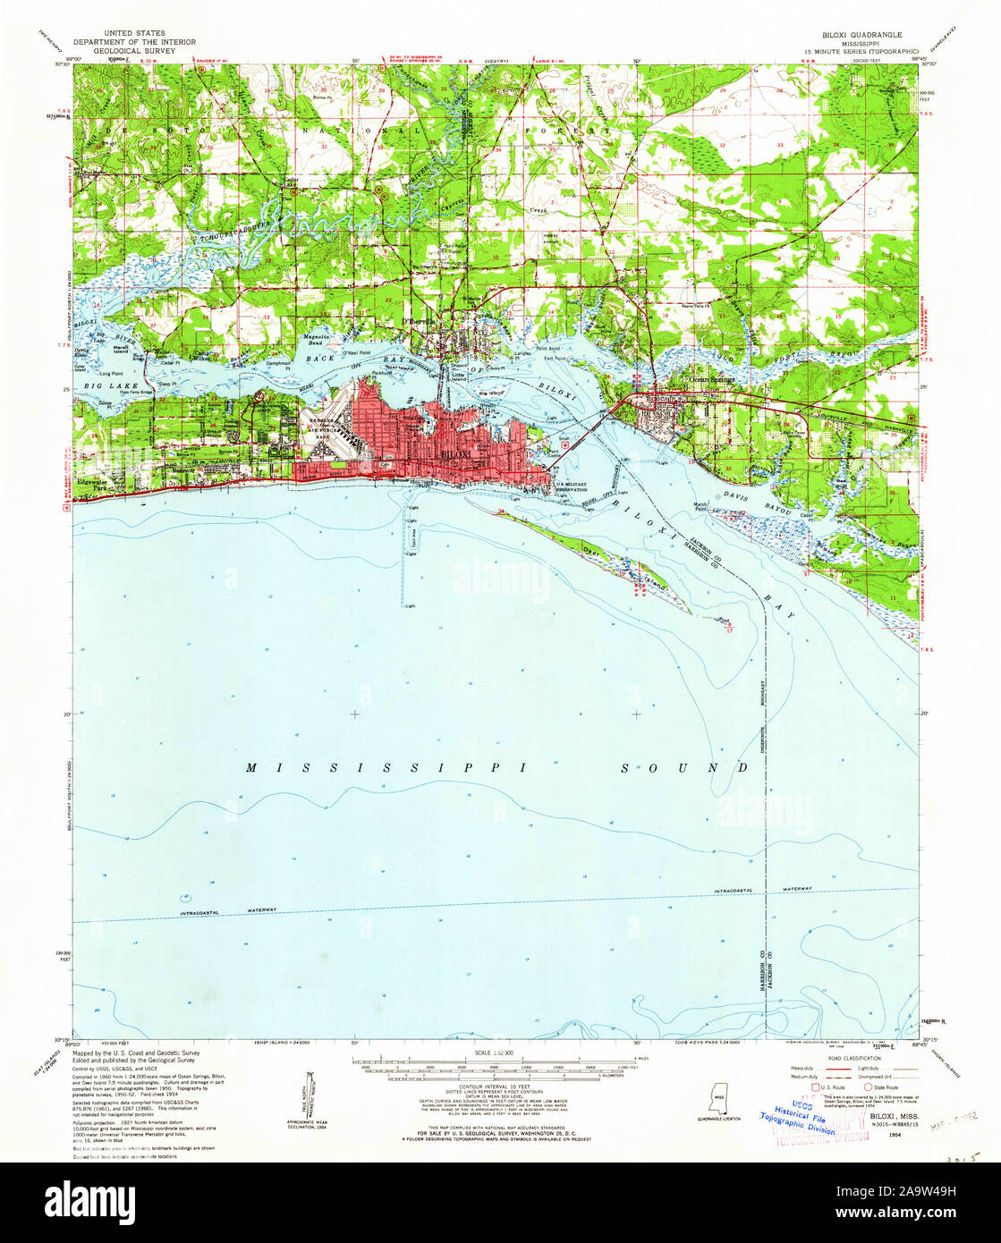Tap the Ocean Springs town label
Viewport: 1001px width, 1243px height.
pos(711,379)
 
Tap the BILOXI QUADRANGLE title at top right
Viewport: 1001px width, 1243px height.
pos(862,32)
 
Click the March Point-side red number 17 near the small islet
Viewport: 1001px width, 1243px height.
pos(730,630)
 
